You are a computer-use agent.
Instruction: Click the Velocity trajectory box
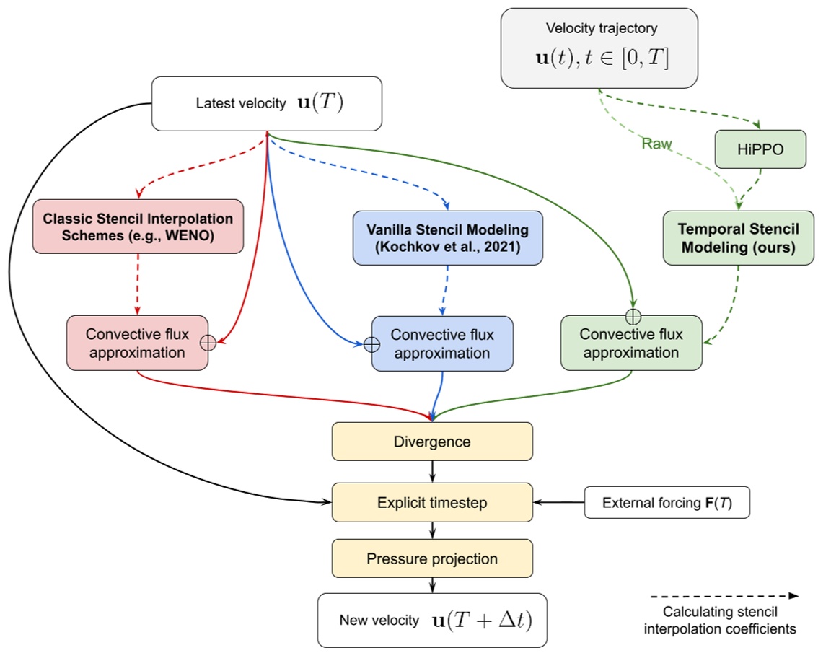point(599,48)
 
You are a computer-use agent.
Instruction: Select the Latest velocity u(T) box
point(267,103)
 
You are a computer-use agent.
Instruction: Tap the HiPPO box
point(760,149)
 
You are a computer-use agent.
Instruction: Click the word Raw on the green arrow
point(657,144)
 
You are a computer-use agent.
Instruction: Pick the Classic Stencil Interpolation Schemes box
point(137,226)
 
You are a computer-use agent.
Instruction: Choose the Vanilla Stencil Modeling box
point(447,237)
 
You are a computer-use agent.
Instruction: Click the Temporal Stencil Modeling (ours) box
point(738,237)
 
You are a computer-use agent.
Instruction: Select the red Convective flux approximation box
point(136,343)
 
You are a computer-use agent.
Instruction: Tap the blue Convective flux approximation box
point(442,343)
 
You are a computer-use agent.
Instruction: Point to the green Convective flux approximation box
point(631,343)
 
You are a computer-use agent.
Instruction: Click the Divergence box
point(431,441)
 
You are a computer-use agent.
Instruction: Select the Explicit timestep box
point(431,502)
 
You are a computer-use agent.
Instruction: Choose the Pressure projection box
point(431,558)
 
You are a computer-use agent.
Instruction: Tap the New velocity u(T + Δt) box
point(431,620)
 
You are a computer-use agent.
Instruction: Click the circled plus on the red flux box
point(208,343)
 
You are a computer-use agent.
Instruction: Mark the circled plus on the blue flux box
point(371,345)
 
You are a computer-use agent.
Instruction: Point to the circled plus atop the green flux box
point(633,315)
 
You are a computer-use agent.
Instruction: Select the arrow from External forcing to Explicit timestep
point(558,502)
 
